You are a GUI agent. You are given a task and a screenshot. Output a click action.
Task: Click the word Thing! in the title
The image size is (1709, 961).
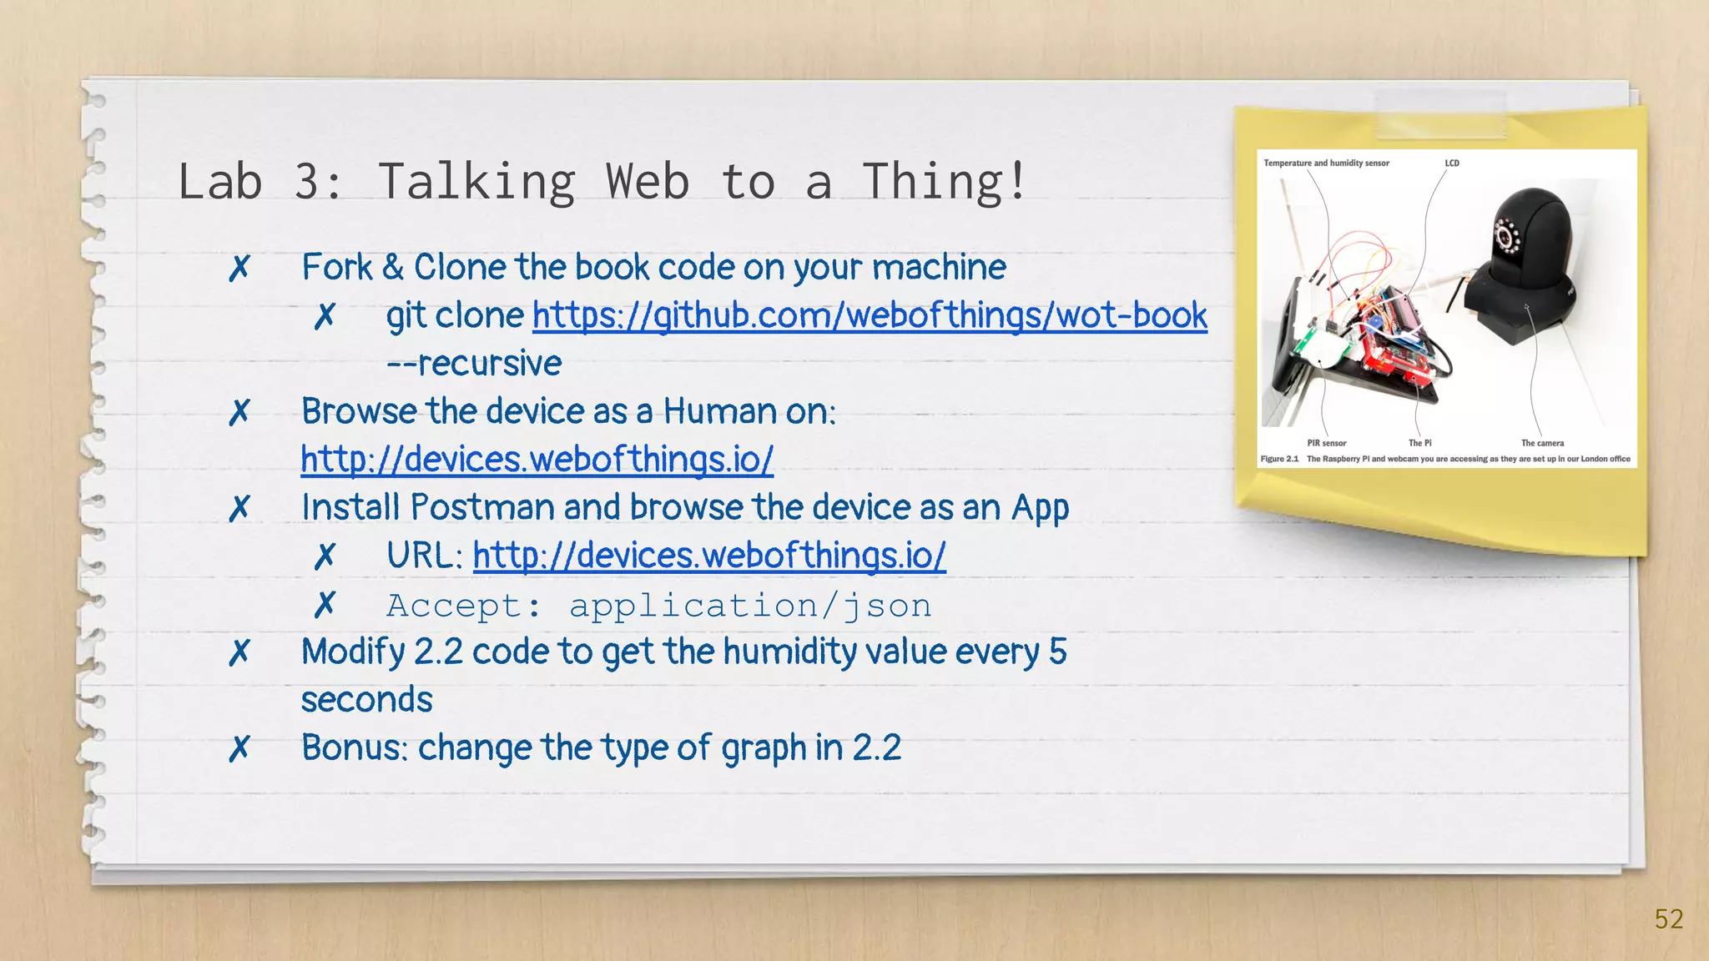tap(943, 182)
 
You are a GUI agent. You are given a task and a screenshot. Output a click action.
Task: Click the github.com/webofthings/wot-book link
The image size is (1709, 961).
tap(870, 316)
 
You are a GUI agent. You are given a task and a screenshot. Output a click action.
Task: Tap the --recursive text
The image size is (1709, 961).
tap(474, 364)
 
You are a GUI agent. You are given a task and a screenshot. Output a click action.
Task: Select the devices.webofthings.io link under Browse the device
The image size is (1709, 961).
tap(537, 460)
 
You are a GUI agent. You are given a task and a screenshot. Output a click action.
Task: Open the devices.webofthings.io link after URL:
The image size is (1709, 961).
tap(709, 556)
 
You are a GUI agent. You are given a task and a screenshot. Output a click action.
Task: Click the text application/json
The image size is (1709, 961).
tap(750, 606)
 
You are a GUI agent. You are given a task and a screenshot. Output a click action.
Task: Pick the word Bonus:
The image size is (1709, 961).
tap(355, 747)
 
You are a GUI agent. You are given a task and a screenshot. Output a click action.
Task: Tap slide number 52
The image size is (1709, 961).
tap(1668, 919)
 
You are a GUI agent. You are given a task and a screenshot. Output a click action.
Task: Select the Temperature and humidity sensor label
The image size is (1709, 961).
tap(1326, 164)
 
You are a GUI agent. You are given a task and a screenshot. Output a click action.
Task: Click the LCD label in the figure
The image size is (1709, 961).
tap(1452, 164)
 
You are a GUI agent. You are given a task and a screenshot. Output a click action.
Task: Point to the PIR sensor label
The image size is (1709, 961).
tap(1326, 443)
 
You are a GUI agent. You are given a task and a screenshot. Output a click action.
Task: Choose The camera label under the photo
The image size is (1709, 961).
tap(1542, 443)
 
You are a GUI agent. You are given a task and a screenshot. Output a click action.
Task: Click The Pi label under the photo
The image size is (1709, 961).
tap(1419, 443)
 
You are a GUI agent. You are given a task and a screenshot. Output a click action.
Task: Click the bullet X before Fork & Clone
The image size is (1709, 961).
tap(239, 269)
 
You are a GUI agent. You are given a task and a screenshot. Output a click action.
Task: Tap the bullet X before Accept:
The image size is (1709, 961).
tap(325, 605)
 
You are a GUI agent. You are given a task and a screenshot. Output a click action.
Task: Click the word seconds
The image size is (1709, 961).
tap(366, 700)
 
